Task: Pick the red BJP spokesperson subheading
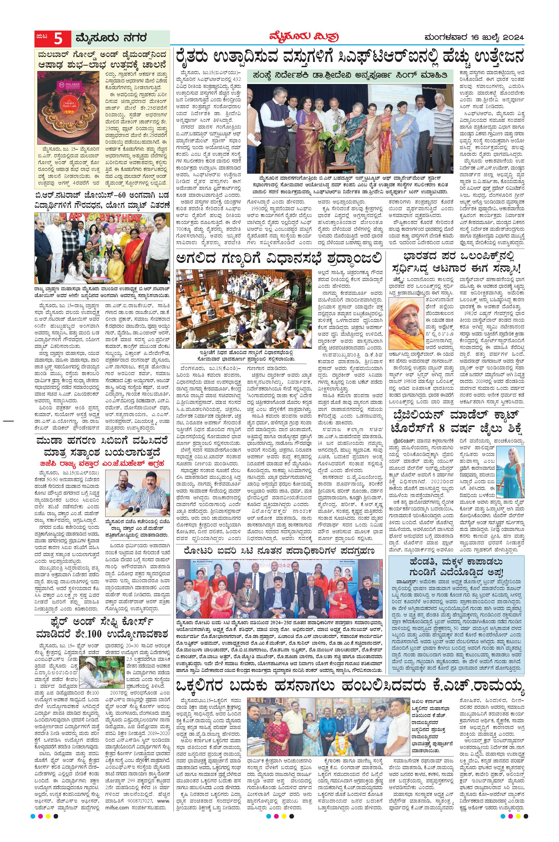tap(102, 464)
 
